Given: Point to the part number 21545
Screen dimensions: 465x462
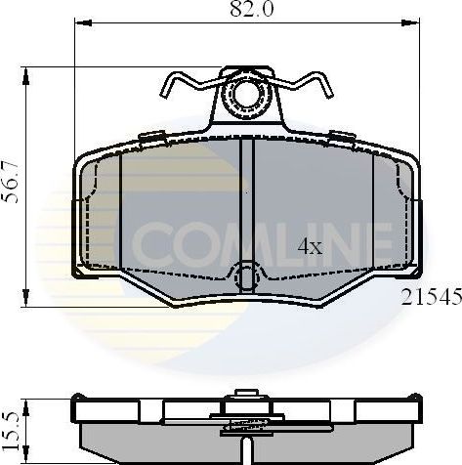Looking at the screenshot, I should [431, 299].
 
